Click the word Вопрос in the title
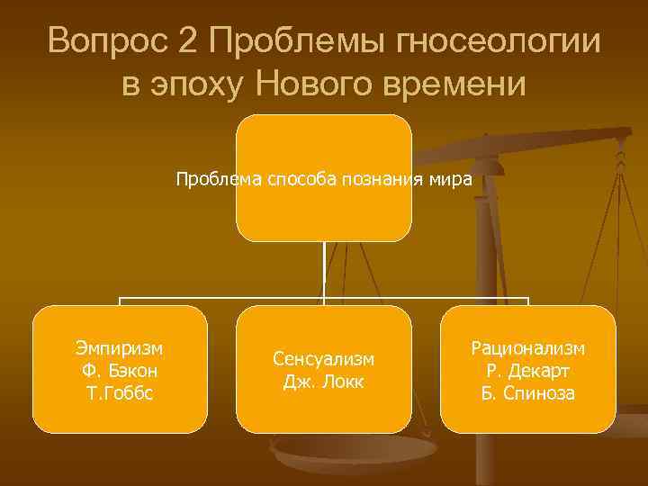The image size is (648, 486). click(x=109, y=42)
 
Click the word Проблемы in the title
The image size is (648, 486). click(x=292, y=42)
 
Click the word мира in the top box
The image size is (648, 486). click(x=452, y=178)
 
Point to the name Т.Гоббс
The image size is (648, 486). click(x=121, y=392)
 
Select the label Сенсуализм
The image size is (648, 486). click(x=324, y=358)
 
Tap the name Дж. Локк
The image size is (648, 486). click(x=324, y=381)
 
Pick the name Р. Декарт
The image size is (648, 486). click(x=528, y=370)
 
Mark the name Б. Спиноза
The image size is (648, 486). click(x=528, y=392)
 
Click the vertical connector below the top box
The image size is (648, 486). click(x=324, y=270)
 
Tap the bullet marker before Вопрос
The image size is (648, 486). click(x=36, y=42)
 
